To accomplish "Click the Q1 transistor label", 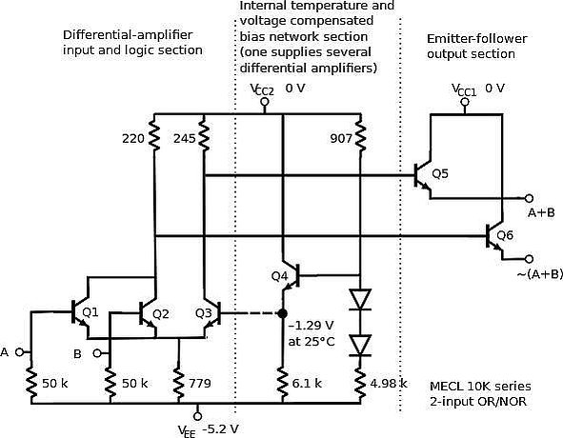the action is (90, 312).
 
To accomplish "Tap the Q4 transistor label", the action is (279, 276).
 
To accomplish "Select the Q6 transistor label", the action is (505, 235).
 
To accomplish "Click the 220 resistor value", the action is (133, 138).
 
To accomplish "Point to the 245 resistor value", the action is (185, 138).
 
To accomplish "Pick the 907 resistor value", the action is (341, 138).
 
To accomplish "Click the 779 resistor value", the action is (200, 383).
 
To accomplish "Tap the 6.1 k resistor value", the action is (307, 383).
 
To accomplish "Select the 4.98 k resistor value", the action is (389, 383).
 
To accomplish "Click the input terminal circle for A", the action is (19, 352).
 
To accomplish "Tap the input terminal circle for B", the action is (97, 353).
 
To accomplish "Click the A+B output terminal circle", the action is (529, 198).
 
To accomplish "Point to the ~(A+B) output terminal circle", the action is (529, 258).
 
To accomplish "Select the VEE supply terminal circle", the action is (197, 416).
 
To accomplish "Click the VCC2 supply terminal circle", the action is (265, 102).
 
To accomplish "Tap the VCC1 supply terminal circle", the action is (465, 102).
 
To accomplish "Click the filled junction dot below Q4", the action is (283, 313).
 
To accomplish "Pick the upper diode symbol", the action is (360, 299).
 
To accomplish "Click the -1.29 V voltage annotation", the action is (311, 326).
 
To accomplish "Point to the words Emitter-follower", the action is (477, 38).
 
